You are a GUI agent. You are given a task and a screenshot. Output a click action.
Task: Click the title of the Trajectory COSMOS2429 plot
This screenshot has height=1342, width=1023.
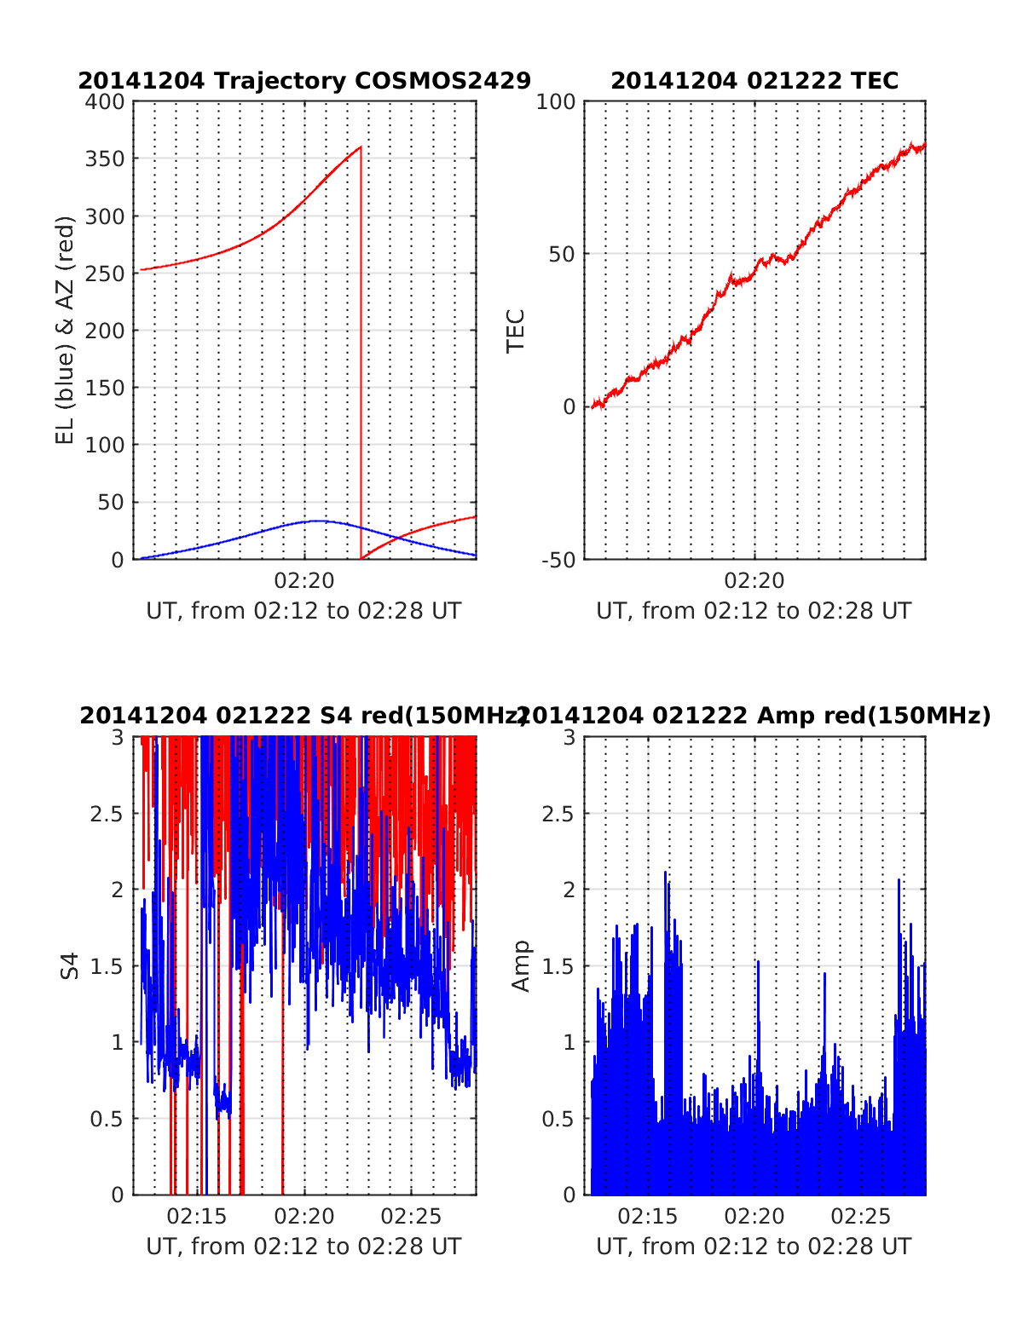click(x=304, y=81)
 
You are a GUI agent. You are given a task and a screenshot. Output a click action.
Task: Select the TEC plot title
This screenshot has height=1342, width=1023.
click(x=754, y=81)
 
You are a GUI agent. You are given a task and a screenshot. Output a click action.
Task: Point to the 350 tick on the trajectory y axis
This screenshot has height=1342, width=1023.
click(x=105, y=159)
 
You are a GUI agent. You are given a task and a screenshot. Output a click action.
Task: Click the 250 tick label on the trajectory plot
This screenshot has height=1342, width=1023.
click(x=105, y=274)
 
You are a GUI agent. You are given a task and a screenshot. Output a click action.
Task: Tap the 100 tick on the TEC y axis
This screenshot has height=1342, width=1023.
click(x=557, y=101)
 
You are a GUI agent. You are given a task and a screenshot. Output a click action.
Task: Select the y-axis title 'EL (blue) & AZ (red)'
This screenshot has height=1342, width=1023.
click(x=66, y=330)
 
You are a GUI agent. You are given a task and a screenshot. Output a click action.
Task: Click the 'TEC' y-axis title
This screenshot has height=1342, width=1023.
click(x=516, y=331)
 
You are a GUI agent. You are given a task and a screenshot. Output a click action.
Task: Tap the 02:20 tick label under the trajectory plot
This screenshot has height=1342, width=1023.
click(x=304, y=581)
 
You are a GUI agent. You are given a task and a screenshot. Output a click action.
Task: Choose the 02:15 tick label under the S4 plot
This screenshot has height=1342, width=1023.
click(x=197, y=1216)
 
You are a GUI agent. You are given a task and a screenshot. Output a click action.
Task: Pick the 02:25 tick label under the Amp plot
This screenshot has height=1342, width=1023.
click(x=861, y=1216)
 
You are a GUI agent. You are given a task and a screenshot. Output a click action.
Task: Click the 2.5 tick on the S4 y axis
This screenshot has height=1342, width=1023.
click(x=107, y=814)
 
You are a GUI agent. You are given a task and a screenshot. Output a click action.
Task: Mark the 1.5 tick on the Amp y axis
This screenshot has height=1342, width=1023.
click(x=558, y=966)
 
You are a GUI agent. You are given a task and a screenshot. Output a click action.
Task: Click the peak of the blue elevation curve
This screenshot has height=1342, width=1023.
click(x=316, y=521)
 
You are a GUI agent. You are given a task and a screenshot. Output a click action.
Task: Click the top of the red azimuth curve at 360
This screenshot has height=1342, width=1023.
click(x=360, y=147)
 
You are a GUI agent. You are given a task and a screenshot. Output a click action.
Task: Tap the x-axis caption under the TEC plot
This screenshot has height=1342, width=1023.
click(x=754, y=611)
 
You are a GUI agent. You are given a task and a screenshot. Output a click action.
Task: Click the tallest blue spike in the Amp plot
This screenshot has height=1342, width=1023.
click(x=665, y=873)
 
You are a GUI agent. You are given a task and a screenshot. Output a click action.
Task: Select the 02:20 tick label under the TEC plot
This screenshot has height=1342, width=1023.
click(x=754, y=581)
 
